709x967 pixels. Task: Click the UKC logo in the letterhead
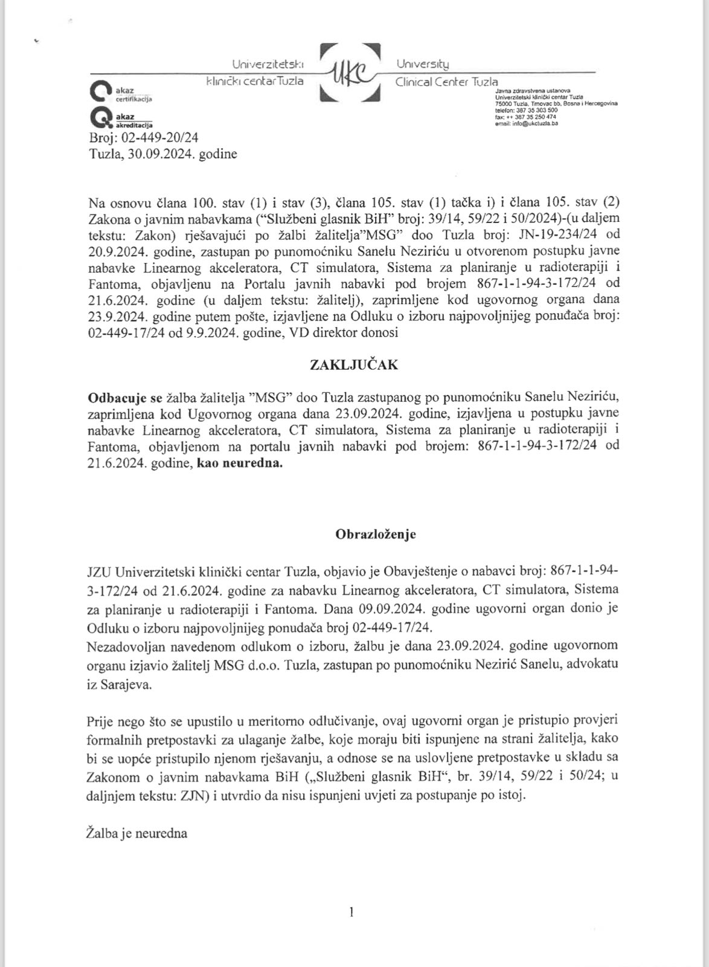click(x=350, y=72)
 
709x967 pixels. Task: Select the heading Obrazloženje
click(x=375, y=534)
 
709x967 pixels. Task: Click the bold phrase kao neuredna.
click(x=240, y=464)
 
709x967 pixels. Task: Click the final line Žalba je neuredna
click(x=138, y=833)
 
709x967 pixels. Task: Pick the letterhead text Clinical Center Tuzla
click(x=447, y=81)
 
